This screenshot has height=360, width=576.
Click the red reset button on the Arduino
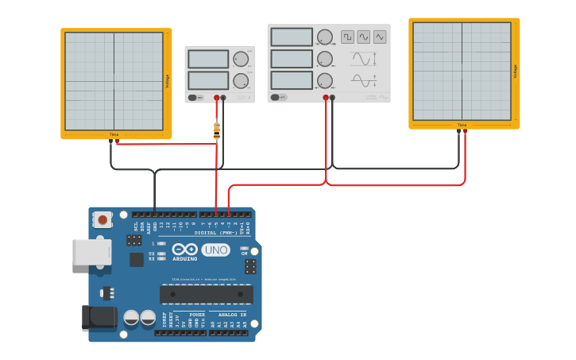[x=102, y=219]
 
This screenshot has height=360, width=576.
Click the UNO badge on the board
[x=215, y=250]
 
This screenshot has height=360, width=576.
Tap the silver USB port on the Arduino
[x=91, y=252]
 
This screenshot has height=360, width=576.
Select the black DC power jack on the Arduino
[x=99, y=318]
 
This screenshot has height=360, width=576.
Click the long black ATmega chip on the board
[x=207, y=294]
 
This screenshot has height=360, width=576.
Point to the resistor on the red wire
[x=217, y=130]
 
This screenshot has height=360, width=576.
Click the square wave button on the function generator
[x=347, y=37]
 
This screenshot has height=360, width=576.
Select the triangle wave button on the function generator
[x=380, y=37]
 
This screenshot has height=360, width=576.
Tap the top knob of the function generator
[x=325, y=37]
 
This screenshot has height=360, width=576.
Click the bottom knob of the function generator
[x=325, y=80]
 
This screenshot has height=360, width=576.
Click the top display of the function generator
[x=292, y=37]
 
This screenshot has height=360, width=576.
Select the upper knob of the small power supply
[x=241, y=59]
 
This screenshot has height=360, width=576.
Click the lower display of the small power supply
[x=208, y=80]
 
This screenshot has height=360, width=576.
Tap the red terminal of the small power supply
[x=216, y=98]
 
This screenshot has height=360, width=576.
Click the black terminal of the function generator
[x=332, y=98]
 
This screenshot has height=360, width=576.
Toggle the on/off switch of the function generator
[x=278, y=97]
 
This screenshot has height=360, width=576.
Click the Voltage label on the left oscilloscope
[x=167, y=81]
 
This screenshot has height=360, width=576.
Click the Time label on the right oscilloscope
[x=462, y=125]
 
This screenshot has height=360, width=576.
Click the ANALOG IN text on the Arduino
[x=231, y=315]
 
